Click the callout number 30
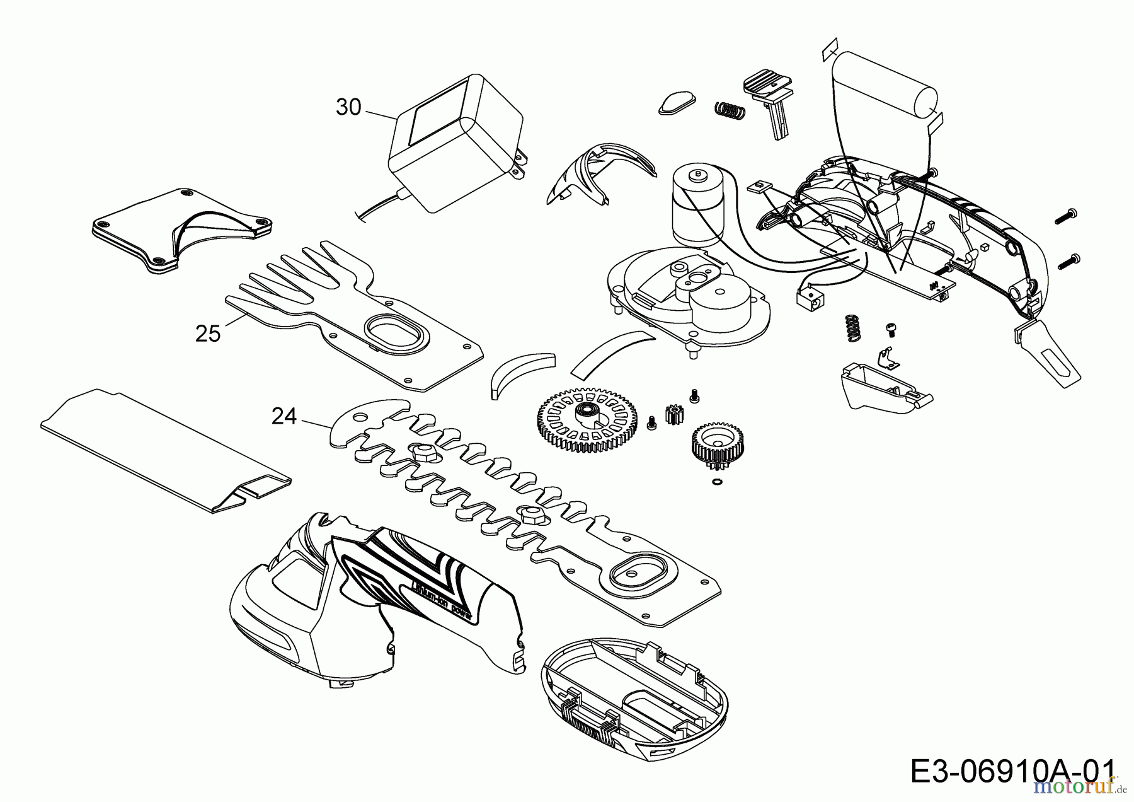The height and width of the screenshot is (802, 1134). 348,107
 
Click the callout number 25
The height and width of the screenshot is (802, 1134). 208,333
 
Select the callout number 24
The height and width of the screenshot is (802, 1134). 283,416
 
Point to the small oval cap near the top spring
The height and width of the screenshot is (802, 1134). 676,101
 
